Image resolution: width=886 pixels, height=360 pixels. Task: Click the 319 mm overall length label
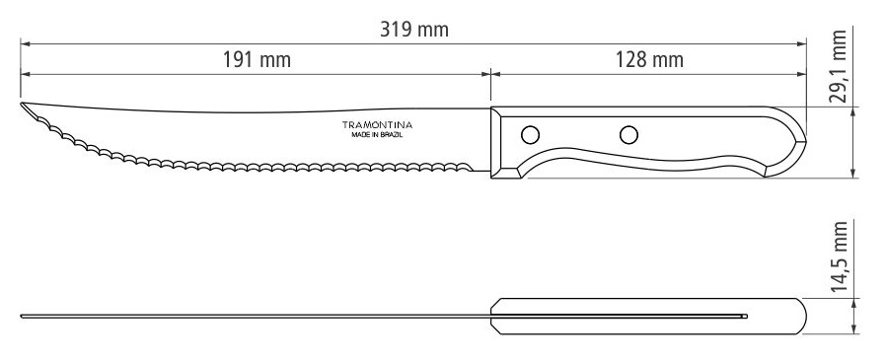click(414, 30)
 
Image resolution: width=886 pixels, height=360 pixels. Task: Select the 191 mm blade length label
click(257, 59)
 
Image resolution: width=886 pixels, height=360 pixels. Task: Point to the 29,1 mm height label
click(839, 66)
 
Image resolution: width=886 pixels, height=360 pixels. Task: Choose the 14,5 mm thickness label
click(839, 257)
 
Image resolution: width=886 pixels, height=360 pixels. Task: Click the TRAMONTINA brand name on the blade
click(377, 125)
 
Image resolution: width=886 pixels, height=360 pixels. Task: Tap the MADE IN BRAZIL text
click(377, 136)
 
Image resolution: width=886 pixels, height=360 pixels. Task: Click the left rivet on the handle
click(530, 135)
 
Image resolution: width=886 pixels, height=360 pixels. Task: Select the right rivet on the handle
click(628, 135)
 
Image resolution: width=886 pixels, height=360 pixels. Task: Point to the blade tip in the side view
click(22, 104)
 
